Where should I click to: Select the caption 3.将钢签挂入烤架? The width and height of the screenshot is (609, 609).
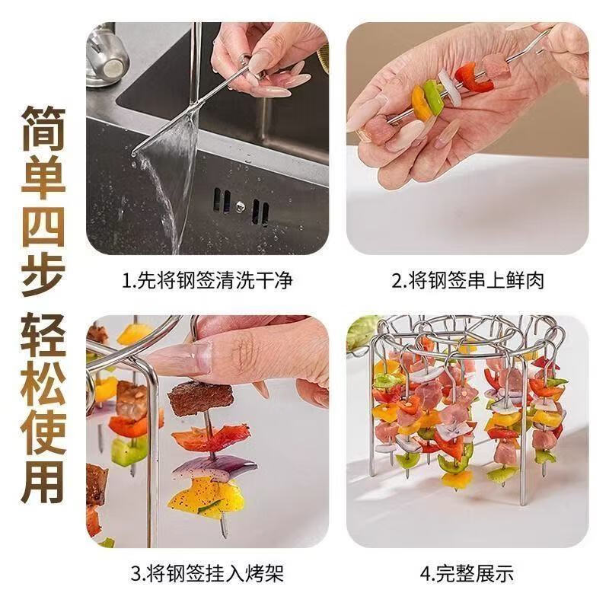(x=207, y=573)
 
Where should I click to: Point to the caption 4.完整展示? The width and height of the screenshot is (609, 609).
(x=467, y=573)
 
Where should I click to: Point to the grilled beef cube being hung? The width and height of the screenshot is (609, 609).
(x=200, y=397)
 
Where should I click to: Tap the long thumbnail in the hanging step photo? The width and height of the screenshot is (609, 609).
(x=183, y=357)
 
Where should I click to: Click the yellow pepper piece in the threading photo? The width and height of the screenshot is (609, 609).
(x=419, y=104)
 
